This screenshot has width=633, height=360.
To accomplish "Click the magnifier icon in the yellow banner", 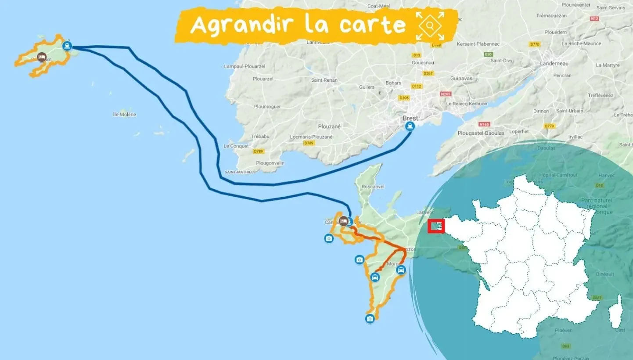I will click(x=430, y=25).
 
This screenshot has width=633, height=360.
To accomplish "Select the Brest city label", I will click(x=410, y=118).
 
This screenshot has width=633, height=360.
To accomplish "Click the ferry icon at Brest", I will click(x=410, y=126).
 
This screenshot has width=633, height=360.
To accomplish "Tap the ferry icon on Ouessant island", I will click(x=67, y=45).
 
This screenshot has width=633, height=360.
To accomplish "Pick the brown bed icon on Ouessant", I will click(x=41, y=57).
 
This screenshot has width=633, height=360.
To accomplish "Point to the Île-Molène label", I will click(x=125, y=115).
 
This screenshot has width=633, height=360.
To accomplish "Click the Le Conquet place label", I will click(x=236, y=146).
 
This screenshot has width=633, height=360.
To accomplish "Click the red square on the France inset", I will click(x=436, y=226).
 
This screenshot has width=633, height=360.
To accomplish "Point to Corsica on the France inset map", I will click(x=616, y=313).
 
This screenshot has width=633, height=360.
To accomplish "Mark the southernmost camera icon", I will click(x=370, y=318).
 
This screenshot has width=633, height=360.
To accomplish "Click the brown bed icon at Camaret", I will click(x=343, y=220).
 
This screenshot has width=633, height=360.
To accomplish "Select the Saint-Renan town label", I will click(x=323, y=80).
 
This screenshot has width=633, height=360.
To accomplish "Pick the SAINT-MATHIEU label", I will click(x=239, y=172).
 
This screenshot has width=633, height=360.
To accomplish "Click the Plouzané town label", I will click(x=329, y=126).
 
